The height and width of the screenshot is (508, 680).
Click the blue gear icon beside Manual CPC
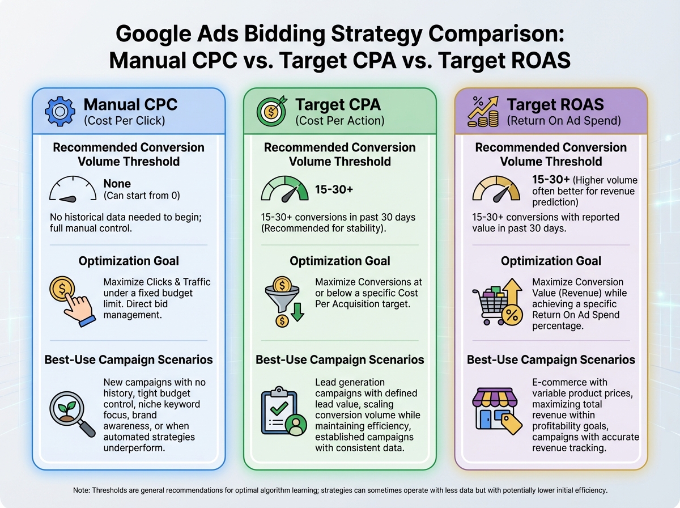pyautogui.click(x=59, y=111)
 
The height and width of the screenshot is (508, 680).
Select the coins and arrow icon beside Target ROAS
pyautogui.click(x=483, y=111)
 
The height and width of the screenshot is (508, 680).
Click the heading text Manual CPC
pyautogui.click(x=130, y=104)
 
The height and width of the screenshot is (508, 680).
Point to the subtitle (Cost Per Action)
pyautogui.click(x=339, y=120)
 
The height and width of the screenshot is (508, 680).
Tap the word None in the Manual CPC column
pyautogui.click(x=117, y=184)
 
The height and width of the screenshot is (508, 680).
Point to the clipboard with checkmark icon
pyautogui.click(x=282, y=411)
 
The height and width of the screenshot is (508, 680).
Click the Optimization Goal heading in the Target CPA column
pyautogui.click(x=339, y=261)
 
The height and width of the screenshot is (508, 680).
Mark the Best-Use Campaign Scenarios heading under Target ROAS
pyautogui.click(x=551, y=359)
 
